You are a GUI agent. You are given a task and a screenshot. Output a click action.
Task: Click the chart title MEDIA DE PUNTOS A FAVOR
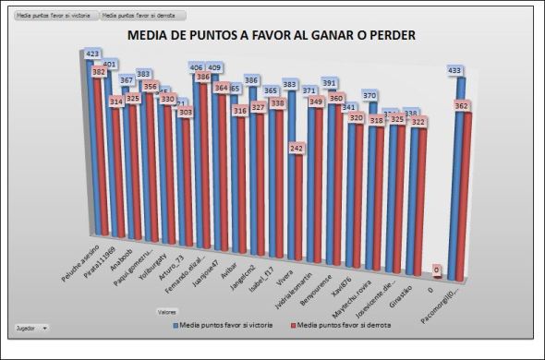click(x=271, y=35)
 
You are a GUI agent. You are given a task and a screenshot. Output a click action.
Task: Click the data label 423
click(x=92, y=54)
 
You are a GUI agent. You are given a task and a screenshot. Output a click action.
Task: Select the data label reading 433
click(x=454, y=71)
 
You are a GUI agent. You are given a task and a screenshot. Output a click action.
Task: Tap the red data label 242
click(x=297, y=148)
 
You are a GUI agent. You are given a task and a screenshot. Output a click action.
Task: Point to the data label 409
click(x=213, y=68)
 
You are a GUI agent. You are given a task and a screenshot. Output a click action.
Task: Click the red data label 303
click(x=186, y=112)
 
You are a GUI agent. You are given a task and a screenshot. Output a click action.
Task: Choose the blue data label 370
click(x=370, y=95)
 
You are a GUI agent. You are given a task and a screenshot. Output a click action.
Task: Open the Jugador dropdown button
click(x=33, y=328)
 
